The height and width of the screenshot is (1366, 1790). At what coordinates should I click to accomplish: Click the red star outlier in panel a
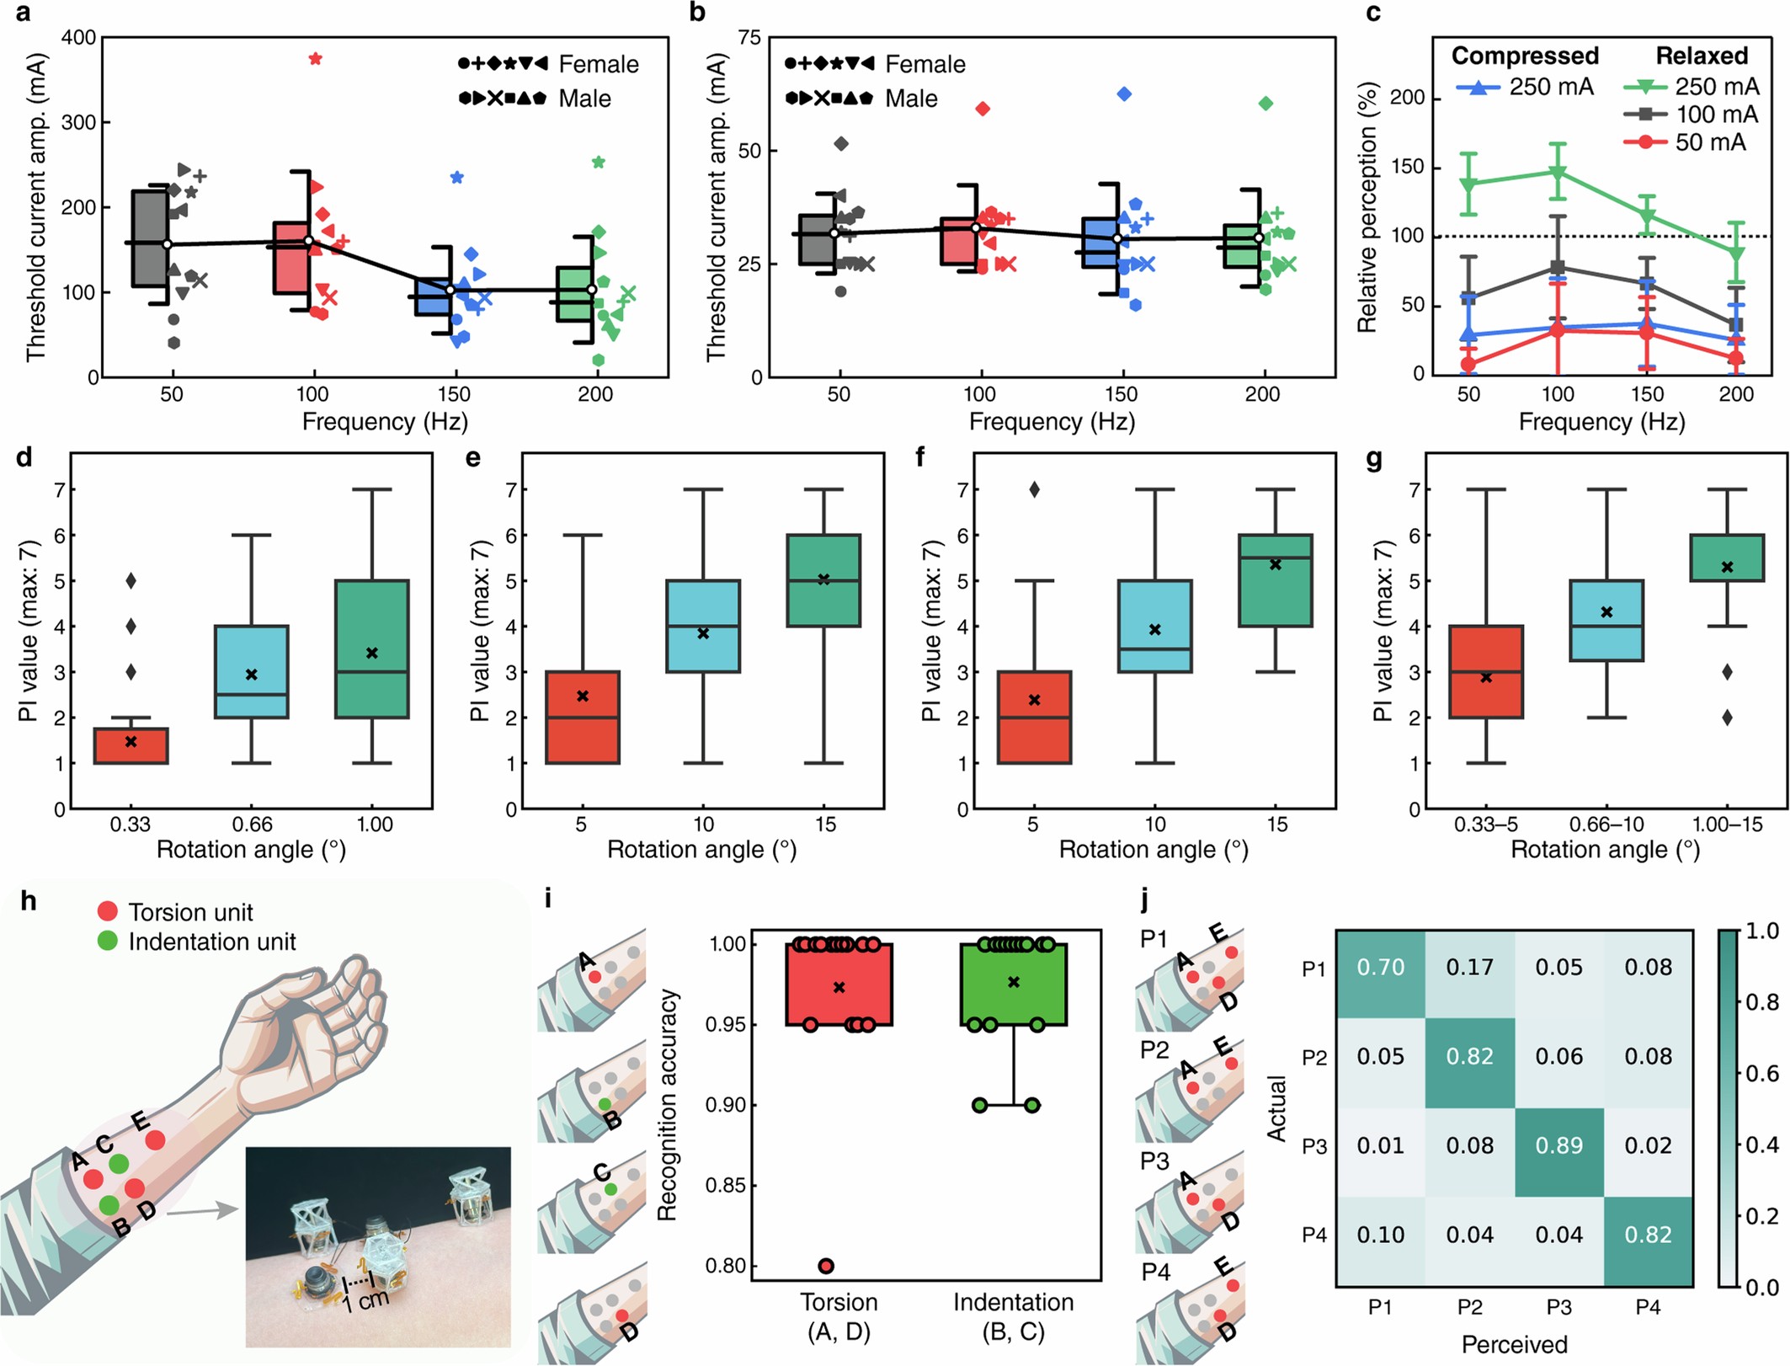[315, 59]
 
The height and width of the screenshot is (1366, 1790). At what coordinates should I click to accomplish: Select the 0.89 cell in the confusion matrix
[1558, 1145]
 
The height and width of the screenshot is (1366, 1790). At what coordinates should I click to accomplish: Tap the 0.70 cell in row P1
[1380, 967]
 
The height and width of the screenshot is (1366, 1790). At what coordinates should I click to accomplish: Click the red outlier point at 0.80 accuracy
[826, 1266]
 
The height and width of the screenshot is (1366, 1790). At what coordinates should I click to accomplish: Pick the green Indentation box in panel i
[1013, 984]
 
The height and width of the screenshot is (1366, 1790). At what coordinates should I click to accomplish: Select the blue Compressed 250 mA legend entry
[1525, 87]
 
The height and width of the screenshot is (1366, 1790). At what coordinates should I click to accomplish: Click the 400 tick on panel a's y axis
[79, 38]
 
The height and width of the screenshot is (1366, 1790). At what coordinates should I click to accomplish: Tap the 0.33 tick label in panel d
[130, 824]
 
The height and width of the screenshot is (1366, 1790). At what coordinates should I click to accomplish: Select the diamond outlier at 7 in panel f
[1034, 489]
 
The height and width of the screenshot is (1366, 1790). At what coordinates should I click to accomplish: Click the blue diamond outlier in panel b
[1123, 93]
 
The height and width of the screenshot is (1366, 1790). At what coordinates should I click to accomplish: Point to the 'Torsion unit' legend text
[190, 912]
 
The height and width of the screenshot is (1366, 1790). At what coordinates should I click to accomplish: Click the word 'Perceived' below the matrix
[1514, 1344]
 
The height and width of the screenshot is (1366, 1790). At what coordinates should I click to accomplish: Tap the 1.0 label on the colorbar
[1762, 931]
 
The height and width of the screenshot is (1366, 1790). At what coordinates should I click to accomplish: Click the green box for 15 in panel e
[823, 580]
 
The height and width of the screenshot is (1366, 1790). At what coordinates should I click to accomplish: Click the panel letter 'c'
[1373, 13]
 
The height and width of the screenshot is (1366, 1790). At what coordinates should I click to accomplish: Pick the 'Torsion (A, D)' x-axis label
[839, 1316]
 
